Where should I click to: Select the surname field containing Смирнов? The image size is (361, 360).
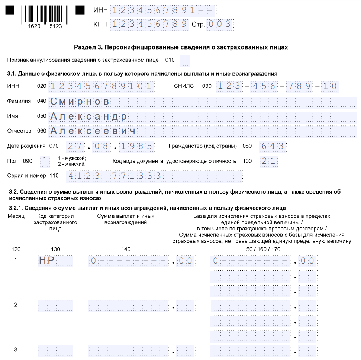click(203, 102)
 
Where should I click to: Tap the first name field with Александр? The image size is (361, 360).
click(203, 117)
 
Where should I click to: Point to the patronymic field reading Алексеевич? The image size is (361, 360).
click(203, 131)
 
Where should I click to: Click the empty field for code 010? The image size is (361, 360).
click(185, 60)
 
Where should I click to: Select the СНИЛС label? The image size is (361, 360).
click(184, 86)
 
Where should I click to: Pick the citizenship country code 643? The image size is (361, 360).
click(273, 146)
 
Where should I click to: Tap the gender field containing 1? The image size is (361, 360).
click(45, 161)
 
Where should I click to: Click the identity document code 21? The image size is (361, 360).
click(269, 161)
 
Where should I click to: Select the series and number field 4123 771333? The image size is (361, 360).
click(154, 176)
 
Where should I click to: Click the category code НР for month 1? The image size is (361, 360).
click(56, 261)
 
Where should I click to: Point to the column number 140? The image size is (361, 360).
click(126, 249)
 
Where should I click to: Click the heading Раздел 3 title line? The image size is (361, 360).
click(181, 47)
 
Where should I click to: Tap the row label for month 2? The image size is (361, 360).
click(16, 305)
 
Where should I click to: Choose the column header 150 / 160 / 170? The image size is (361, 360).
click(262, 249)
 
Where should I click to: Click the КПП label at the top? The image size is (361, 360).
click(100, 25)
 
